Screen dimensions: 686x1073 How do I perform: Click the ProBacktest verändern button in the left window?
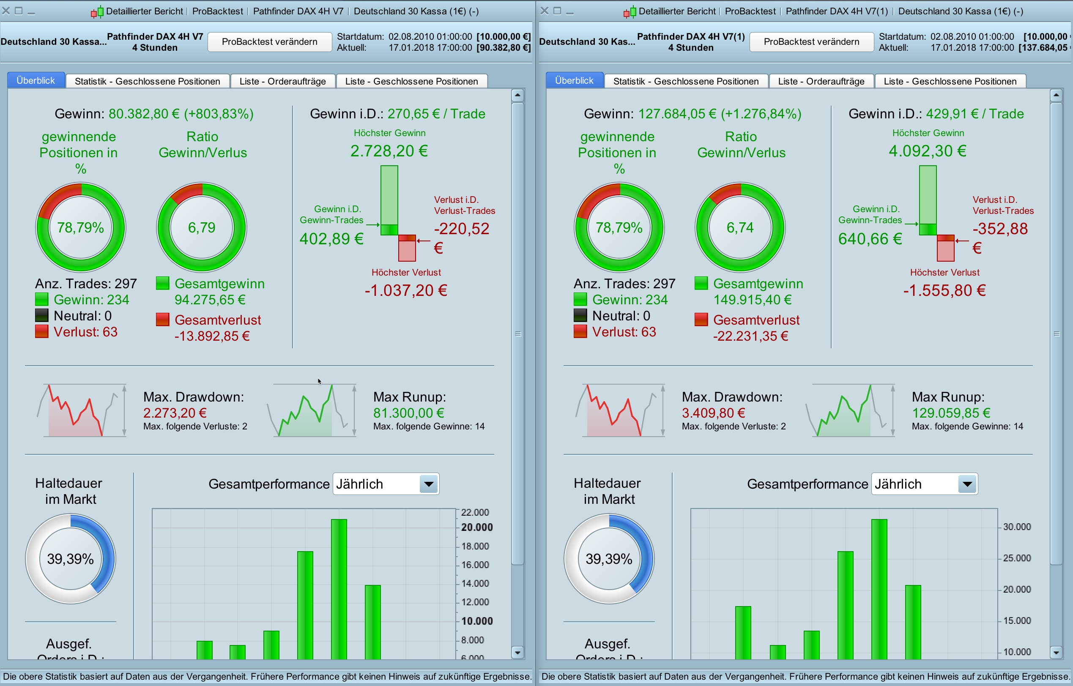point(270,42)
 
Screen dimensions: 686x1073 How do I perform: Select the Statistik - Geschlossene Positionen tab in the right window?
point(686,81)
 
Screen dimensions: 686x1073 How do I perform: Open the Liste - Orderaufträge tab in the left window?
point(282,81)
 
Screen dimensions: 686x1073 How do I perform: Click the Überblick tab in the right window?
point(574,81)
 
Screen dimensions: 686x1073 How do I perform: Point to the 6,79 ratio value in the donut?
point(201,228)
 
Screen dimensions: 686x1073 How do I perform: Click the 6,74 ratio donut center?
point(740,228)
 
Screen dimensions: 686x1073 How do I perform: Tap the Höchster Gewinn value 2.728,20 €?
point(389,151)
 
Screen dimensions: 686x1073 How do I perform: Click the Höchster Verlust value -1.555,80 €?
point(944,290)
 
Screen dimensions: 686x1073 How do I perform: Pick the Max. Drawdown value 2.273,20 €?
point(175,413)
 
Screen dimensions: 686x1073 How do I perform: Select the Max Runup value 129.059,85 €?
point(951,413)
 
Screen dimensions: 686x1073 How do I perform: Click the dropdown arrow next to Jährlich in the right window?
point(967,484)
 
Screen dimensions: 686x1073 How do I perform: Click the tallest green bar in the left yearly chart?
point(339,588)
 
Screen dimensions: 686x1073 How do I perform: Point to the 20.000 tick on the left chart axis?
point(477,527)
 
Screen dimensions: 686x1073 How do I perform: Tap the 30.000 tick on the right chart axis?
point(1017,527)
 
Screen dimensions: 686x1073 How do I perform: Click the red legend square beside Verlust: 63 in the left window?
point(41,332)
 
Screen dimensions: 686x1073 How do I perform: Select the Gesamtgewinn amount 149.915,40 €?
point(752,300)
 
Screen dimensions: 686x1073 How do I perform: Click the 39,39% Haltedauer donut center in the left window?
point(71,559)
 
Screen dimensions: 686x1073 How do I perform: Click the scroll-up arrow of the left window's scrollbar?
point(517,95)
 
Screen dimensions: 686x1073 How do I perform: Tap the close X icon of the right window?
point(545,11)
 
